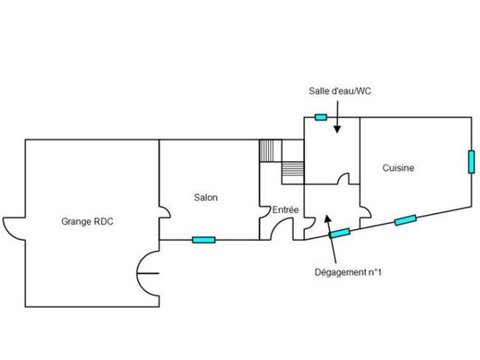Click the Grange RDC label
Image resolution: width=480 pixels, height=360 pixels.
pyautogui.click(x=87, y=222)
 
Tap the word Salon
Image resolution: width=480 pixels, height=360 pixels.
pyautogui.click(x=206, y=197)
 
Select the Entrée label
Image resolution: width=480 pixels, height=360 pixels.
pyautogui.click(x=285, y=210)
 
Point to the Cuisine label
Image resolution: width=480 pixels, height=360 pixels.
pyautogui.click(x=398, y=168)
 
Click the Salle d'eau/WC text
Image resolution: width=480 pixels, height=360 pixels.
pyautogui.click(x=340, y=91)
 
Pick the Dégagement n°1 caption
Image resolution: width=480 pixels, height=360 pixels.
pyautogui.click(x=348, y=272)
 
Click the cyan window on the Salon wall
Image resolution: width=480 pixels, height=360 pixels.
pyautogui.click(x=204, y=240)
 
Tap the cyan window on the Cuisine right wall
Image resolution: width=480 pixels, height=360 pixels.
pyautogui.click(x=471, y=162)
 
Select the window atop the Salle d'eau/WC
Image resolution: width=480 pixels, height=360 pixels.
pyautogui.click(x=320, y=117)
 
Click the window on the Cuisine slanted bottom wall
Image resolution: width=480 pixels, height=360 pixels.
pyautogui.click(x=405, y=220)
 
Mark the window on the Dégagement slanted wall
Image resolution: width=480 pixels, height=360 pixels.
pyautogui.click(x=340, y=233)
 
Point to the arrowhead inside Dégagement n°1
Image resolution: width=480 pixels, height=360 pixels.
pyautogui.click(x=327, y=218)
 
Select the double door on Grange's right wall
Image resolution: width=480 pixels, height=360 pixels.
pyautogui.click(x=142, y=273)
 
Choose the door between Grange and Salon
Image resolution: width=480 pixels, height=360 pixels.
pyautogui.click(x=165, y=211)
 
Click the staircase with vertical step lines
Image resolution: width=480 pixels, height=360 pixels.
pyautogui.click(x=270, y=151)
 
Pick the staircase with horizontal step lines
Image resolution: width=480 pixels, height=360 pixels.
pyautogui.click(x=292, y=173)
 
